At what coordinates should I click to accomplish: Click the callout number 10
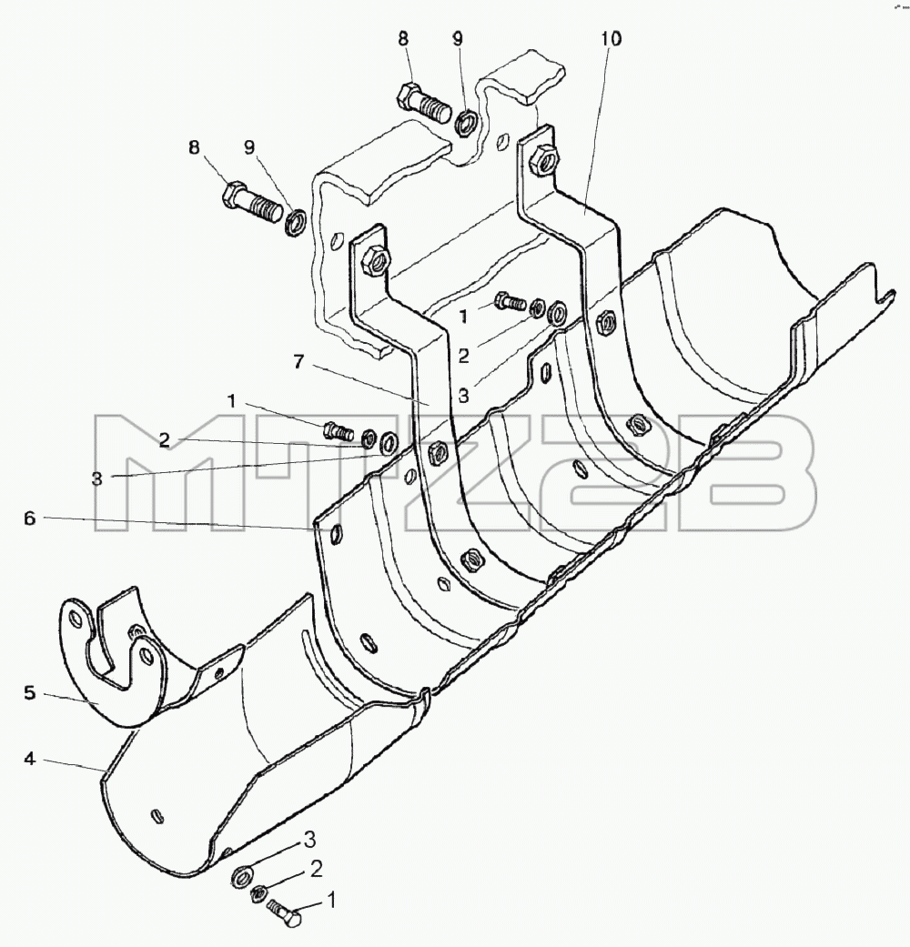point(611,39)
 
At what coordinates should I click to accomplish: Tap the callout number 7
point(298,363)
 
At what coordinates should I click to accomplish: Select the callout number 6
point(30,519)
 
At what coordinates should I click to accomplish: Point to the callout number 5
point(30,692)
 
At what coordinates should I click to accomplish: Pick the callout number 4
point(30,759)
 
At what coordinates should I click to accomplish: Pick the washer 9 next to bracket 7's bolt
point(294,222)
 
